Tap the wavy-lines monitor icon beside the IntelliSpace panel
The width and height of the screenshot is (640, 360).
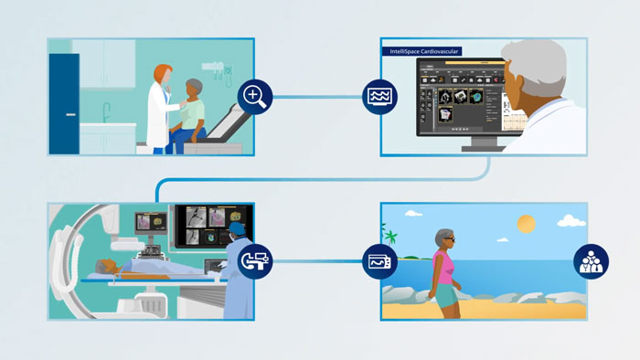[x=379, y=96]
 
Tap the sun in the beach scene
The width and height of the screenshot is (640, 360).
[x=526, y=224]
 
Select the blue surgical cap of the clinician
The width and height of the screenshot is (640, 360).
[x=238, y=228]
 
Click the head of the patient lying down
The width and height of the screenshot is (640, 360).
[x=111, y=267]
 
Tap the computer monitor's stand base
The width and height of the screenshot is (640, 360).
[x=476, y=147]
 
